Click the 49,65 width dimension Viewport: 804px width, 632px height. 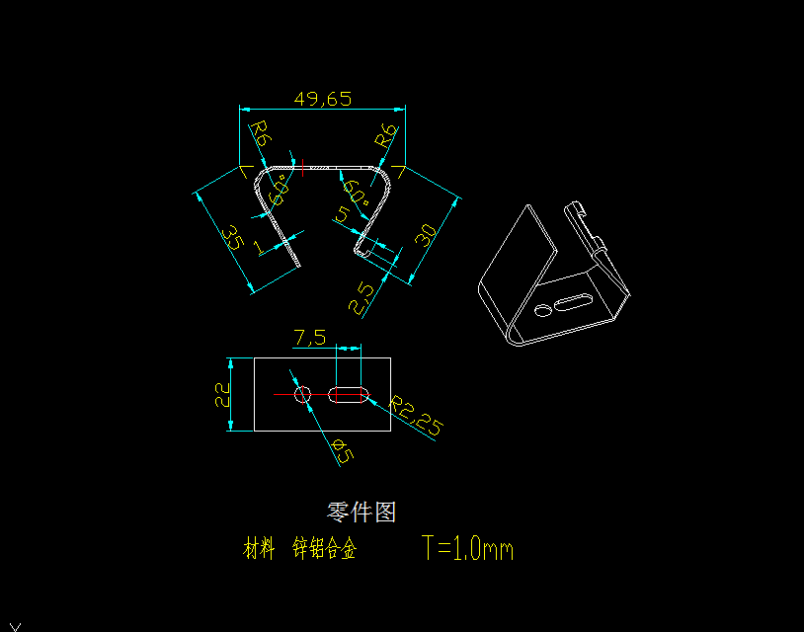322,99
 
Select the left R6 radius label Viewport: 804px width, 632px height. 259,134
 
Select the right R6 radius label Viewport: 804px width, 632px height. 388,135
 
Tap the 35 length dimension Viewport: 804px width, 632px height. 232,239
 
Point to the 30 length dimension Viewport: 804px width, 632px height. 426,236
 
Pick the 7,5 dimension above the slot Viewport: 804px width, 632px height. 309,338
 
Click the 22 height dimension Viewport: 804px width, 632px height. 222,395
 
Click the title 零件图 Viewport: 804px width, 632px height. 362,512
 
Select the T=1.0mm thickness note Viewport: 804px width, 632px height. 467,548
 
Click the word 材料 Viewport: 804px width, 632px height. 259,549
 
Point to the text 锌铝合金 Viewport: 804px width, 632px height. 324,549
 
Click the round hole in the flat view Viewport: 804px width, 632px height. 303,395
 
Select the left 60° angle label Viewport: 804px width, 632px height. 279,188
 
